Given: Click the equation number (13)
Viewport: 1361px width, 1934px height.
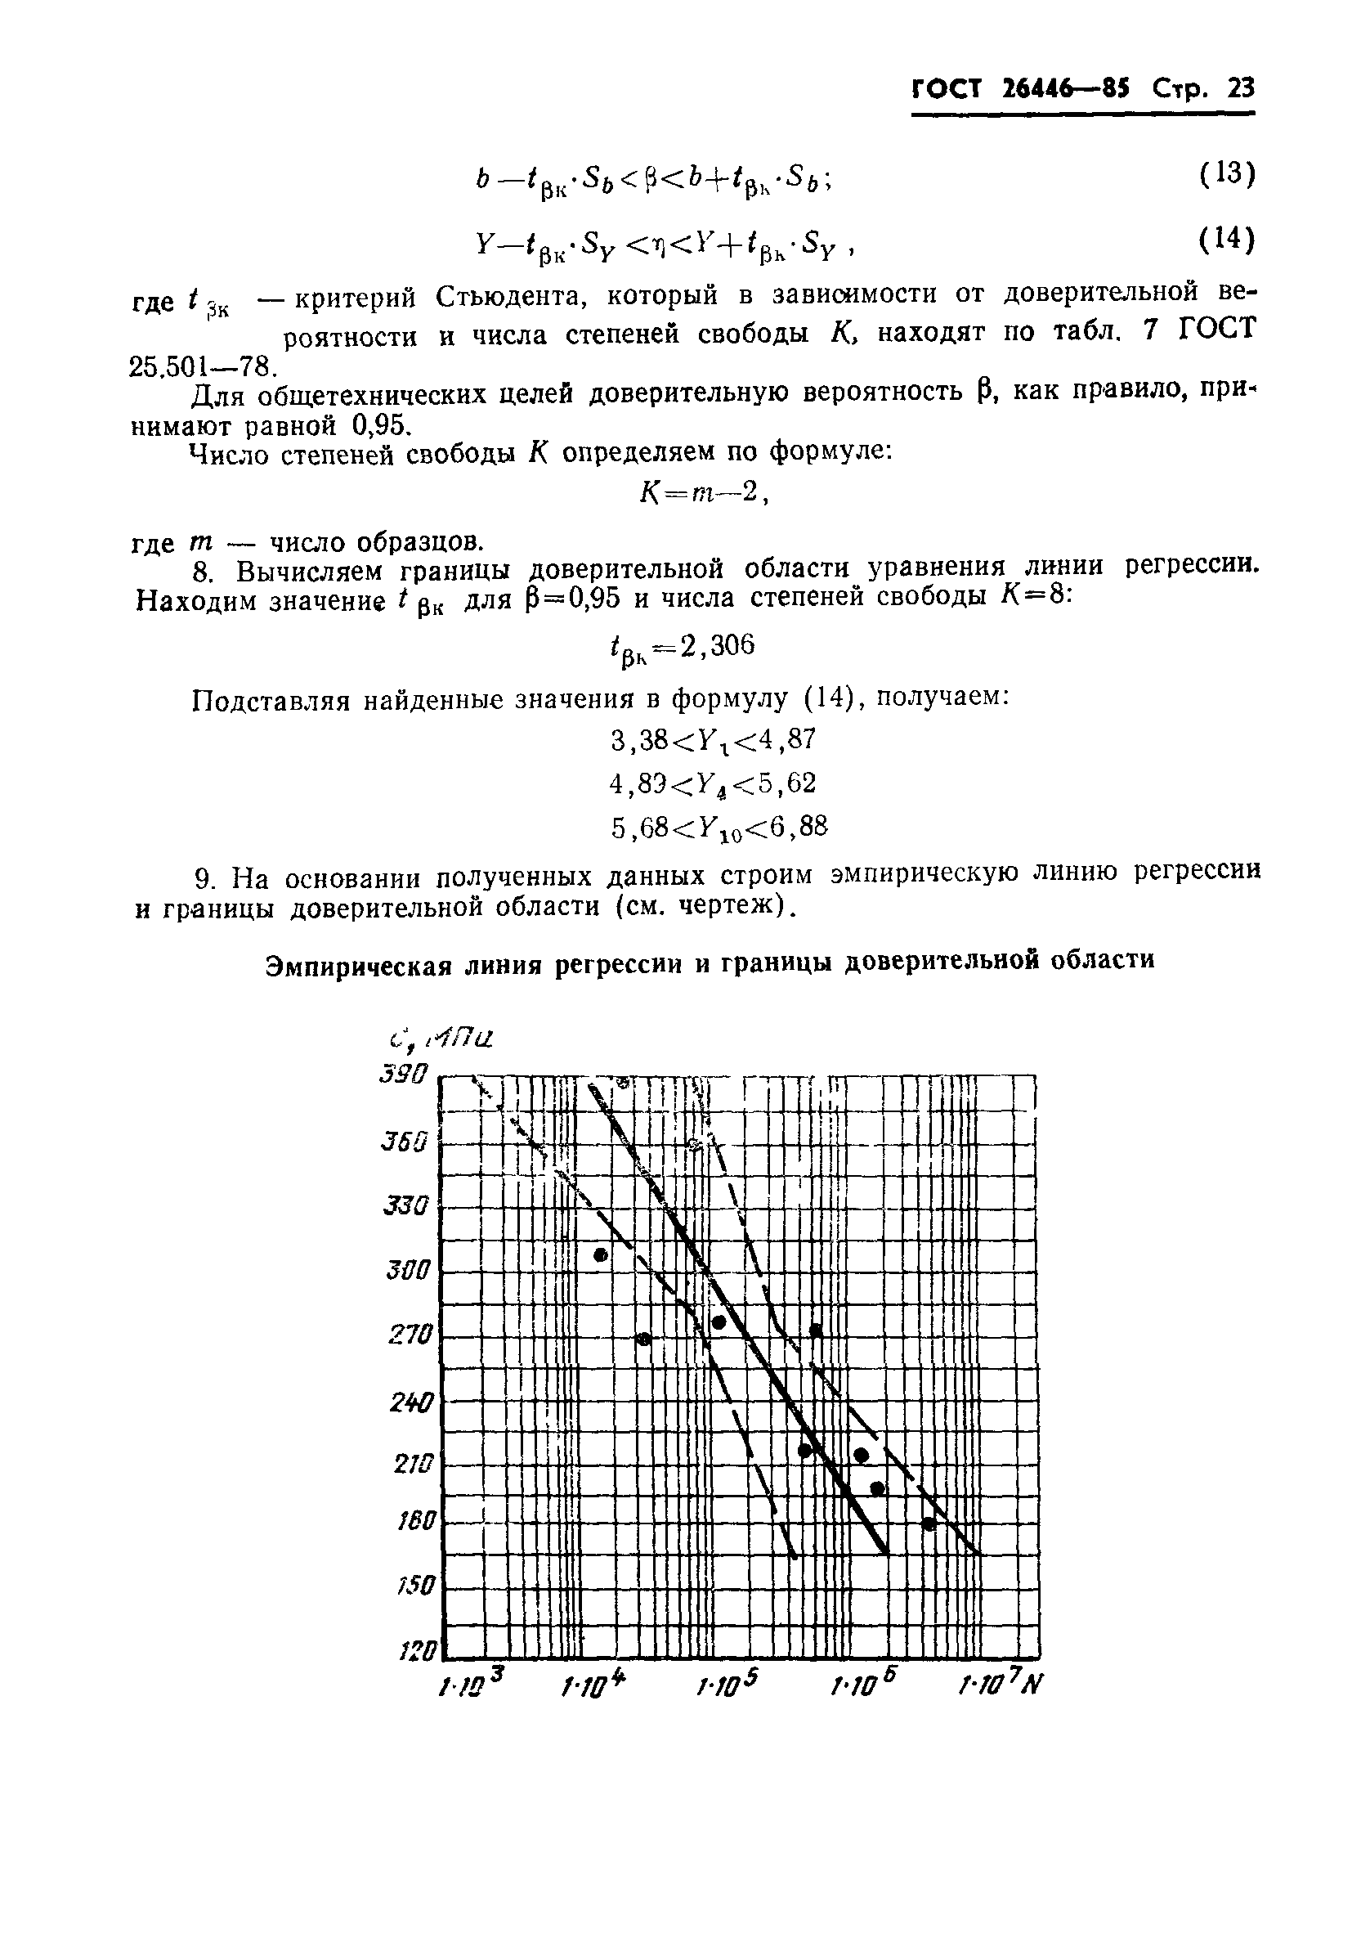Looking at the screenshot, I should (1226, 174).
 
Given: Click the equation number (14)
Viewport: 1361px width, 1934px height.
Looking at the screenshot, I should (1226, 241).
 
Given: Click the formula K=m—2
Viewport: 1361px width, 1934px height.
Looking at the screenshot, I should (703, 496).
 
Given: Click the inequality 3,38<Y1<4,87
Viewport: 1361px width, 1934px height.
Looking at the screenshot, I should (713, 739).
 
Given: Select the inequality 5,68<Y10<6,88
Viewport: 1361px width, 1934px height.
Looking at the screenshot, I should (719, 829).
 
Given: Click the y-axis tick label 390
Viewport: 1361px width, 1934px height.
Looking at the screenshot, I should (405, 1075).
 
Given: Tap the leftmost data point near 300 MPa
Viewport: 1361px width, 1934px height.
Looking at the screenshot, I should (601, 1255).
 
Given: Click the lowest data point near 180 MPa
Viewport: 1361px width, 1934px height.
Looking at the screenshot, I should (929, 1523).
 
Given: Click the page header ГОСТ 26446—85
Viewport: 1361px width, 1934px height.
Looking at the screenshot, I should (1021, 88).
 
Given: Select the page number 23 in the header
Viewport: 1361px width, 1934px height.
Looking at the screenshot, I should (1240, 88).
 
